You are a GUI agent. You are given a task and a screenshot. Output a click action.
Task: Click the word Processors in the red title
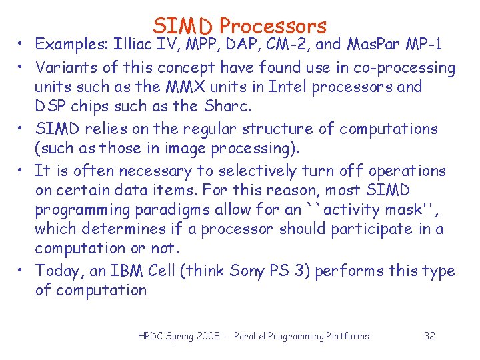point(273,26)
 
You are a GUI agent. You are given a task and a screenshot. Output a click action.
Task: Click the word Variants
point(62,67)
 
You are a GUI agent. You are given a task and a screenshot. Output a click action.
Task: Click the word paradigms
point(163,209)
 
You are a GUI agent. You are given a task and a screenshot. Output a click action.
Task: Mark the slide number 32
point(429,336)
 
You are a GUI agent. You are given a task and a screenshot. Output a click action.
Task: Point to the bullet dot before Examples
point(23,45)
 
